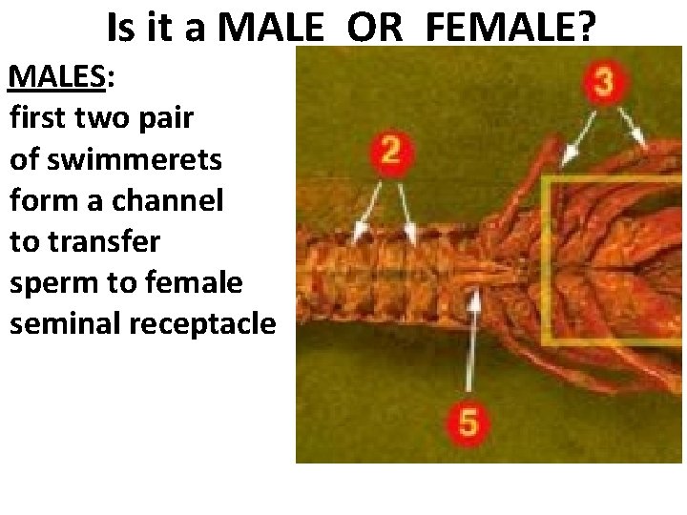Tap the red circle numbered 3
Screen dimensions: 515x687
click(603, 83)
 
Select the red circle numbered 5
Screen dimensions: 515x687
click(468, 420)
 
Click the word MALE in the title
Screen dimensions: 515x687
click(270, 29)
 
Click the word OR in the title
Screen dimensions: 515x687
click(376, 29)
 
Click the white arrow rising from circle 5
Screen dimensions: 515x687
click(471, 343)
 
